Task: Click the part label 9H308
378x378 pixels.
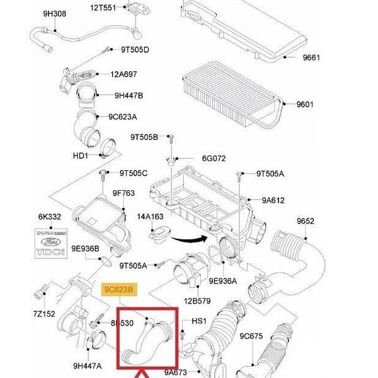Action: coord(54,13)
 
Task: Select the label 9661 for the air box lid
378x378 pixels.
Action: coord(311,58)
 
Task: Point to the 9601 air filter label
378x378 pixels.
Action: coord(305,104)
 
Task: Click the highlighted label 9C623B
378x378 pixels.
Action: coord(118,289)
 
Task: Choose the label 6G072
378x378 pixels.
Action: coord(214,159)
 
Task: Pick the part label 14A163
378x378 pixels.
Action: coord(151,217)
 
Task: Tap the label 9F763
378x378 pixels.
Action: coord(123,193)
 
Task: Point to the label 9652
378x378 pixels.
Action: coord(306,221)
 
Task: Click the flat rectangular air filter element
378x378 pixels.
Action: coord(229,98)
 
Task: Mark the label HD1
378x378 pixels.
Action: coord(81,156)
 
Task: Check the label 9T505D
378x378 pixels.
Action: coord(135,49)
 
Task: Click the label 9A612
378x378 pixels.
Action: coord(273,201)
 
